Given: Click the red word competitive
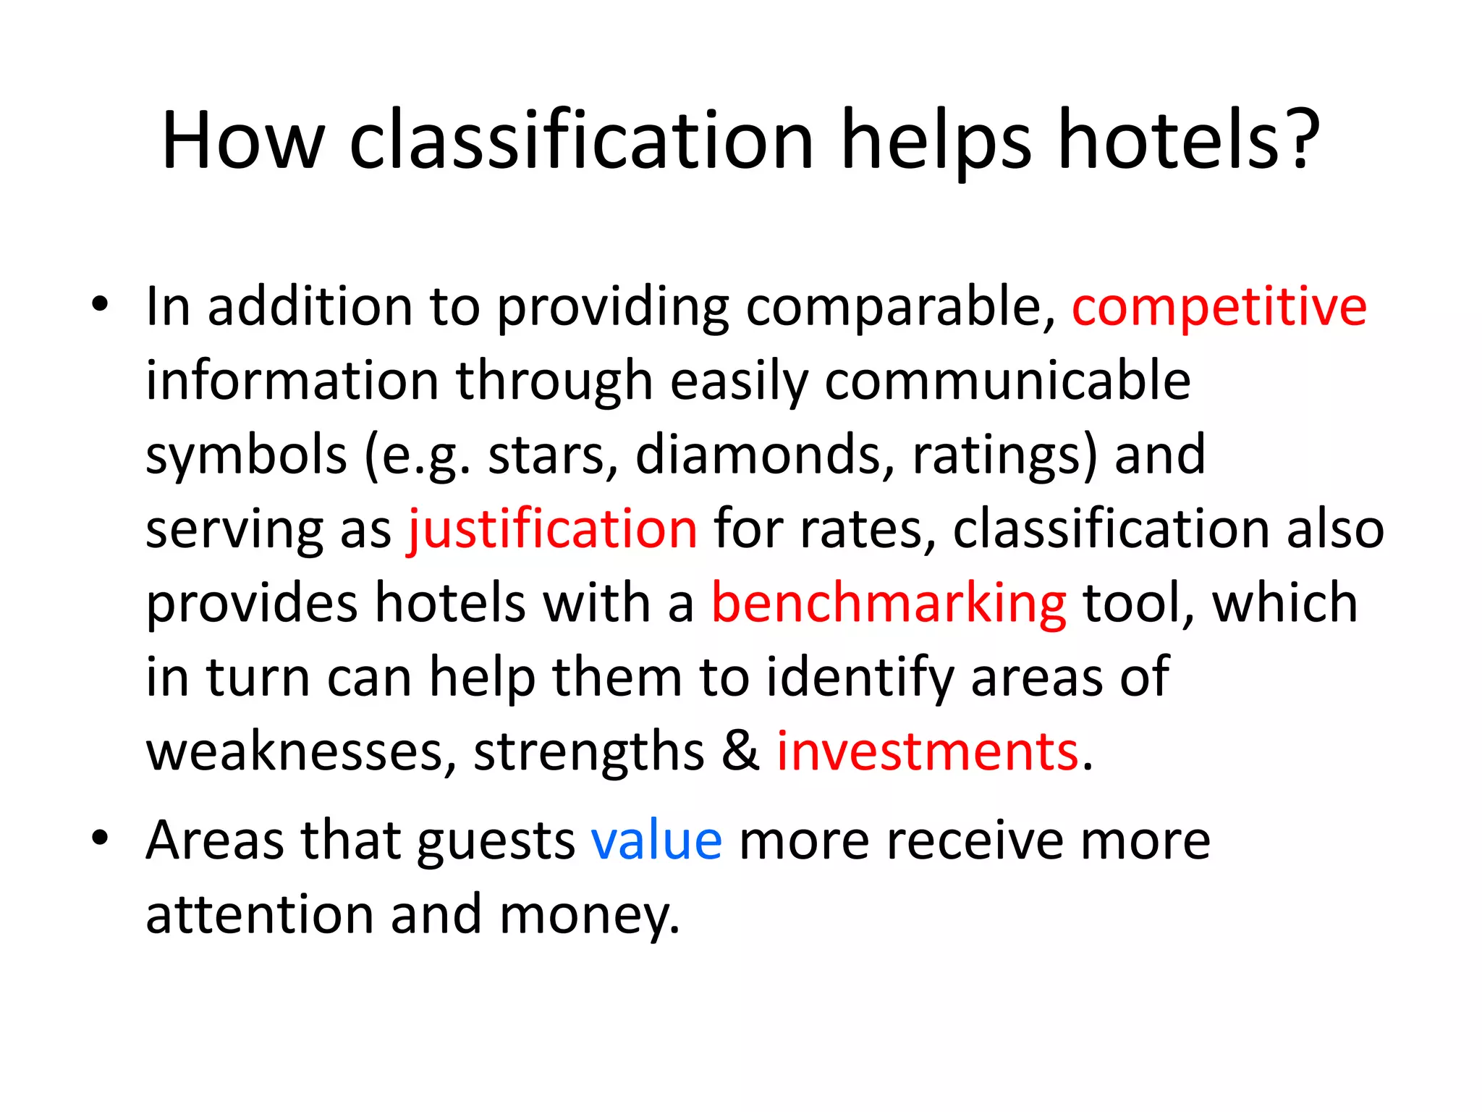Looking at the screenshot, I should (1219, 308).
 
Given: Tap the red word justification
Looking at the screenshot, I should (553, 529).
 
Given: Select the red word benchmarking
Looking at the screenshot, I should (888, 603).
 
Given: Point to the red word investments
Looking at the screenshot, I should (928, 751).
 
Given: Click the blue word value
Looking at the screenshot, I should (656, 841).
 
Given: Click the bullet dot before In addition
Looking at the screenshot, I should (100, 304).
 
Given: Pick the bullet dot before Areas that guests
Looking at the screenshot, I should (100, 838).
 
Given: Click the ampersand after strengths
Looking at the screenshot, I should (740, 751).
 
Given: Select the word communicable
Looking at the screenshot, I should (1007, 381).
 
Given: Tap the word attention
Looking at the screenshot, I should (259, 914).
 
